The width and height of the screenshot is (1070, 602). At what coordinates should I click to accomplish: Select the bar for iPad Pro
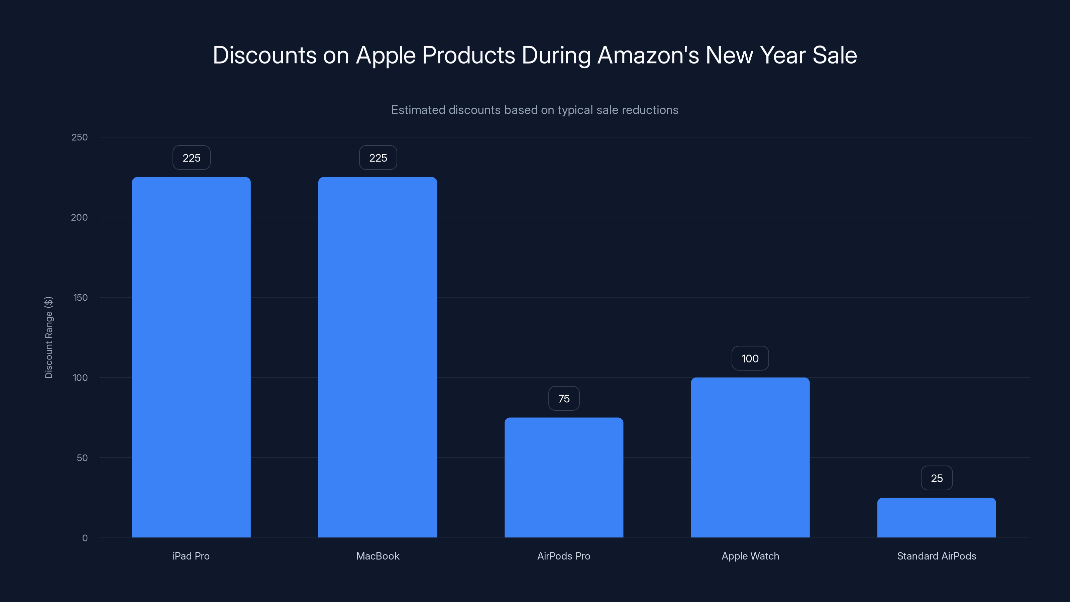point(191,357)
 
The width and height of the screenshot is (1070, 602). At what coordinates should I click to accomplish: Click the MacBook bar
point(378,357)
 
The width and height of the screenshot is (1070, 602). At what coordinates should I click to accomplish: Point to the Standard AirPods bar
point(936,518)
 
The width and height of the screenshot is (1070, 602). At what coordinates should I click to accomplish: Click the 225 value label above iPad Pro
point(192,158)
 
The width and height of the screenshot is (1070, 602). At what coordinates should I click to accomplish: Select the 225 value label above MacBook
point(378,158)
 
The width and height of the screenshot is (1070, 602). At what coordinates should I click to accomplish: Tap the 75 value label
point(564,399)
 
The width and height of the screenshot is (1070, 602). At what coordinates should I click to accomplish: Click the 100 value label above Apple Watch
point(750,359)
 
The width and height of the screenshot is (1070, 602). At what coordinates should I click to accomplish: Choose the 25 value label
point(937,478)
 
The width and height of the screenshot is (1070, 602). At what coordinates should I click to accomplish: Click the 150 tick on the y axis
point(80,297)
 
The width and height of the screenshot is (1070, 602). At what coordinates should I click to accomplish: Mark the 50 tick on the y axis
point(82,458)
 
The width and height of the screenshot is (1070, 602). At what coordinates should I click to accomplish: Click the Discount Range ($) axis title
point(48,337)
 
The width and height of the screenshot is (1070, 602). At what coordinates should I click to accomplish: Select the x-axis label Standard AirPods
point(936,556)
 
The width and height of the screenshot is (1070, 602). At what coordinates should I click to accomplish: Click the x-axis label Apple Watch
point(750,556)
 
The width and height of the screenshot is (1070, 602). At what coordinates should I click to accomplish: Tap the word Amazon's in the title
point(648,55)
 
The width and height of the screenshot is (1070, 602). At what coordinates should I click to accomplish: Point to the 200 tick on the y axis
point(79,217)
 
